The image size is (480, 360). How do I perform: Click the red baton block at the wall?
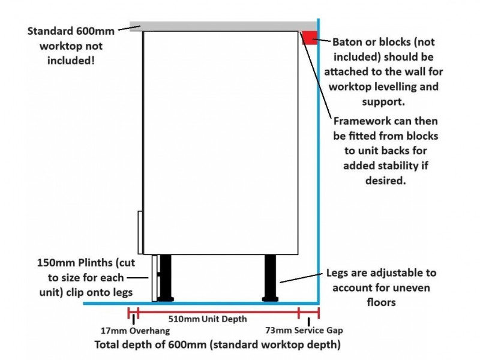coord(309,38)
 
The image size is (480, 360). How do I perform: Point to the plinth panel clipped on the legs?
coord(154,277)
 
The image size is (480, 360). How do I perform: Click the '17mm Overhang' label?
coord(134,331)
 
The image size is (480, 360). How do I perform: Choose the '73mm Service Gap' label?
coord(304,331)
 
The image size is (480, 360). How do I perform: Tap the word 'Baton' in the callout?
coord(346,43)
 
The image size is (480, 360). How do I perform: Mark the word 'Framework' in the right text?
coord(362,121)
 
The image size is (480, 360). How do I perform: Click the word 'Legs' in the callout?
coord(338,273)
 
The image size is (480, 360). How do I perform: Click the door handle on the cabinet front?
coord(140,232)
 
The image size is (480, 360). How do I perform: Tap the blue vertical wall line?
coord(319,180)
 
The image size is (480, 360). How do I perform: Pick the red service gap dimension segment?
coord(308,313)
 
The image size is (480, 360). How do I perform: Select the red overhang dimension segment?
coord(133,313)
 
